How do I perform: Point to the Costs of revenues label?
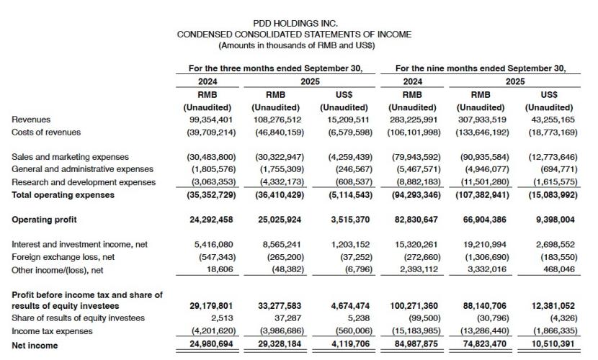47,132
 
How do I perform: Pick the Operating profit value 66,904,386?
481,219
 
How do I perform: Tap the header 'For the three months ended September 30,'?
275,68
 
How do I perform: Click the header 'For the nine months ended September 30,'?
481,68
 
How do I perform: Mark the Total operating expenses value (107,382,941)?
481,194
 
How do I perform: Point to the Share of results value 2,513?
217,318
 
